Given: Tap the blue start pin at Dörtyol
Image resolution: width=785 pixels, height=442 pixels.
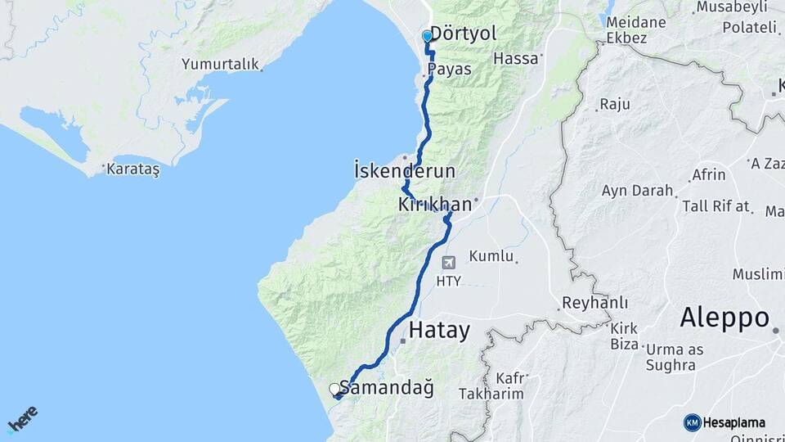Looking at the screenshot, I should (x=427, y=37).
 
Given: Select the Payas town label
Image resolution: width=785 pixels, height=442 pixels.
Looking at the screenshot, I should (x=449, y=70).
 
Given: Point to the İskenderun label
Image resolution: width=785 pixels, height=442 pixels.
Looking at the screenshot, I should (x=405, y=171).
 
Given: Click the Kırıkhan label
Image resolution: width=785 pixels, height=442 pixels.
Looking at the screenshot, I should (x=435, y=205).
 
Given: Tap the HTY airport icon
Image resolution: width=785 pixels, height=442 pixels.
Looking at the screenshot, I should (x=448, y=263).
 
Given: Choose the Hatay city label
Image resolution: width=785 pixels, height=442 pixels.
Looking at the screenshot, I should (x=439, y=331).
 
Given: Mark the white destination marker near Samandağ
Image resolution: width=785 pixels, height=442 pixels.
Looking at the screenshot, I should (x=334, y=389).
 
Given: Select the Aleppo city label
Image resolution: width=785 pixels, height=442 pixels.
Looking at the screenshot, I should (x=724, y=317).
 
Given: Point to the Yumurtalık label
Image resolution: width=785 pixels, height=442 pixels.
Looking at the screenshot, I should (x=220, y=64).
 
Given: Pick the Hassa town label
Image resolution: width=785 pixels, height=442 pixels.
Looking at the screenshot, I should (x=517, y=59).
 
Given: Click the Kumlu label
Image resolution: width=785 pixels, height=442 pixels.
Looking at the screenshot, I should (x=491, y=256).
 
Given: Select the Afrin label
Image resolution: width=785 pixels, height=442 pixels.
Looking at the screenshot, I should (x=708, y=175).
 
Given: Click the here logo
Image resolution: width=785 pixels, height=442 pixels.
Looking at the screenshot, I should (x=22, y=419).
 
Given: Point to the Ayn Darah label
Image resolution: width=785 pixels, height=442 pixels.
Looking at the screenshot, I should (x=637, y=191).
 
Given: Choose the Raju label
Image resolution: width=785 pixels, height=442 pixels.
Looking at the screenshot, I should (x=615, y=105).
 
